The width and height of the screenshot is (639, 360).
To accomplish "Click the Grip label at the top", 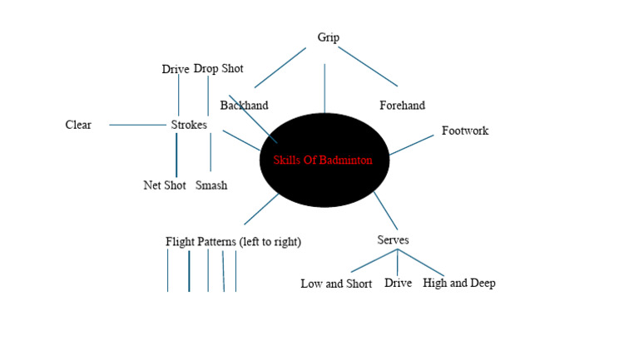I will pos(328,37).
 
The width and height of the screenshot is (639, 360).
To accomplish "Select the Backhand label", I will pos(244,106).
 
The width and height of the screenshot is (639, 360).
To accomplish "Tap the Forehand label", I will pos(402,106).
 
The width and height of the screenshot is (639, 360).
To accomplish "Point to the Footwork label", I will pos(464,131).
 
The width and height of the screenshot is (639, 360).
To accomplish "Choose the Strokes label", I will pos(188,125).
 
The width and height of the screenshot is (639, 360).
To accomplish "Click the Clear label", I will pos(78,125).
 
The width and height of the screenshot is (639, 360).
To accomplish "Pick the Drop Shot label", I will pos(219,69).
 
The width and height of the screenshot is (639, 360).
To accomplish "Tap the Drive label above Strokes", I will pos(176,69).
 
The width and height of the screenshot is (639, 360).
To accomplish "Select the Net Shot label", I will pos(164,185).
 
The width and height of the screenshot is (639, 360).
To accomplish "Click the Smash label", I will pos(211,185).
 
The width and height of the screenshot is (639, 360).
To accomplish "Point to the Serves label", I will pos(393,240).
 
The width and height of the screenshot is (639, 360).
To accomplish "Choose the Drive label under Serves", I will pos(399,284).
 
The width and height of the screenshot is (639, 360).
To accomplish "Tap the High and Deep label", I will pos(458,284).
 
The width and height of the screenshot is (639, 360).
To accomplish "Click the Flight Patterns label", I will pos(233,242).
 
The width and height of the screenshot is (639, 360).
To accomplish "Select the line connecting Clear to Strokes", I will pos(137,125).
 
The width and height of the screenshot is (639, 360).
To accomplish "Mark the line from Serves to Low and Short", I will pos(372,261).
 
